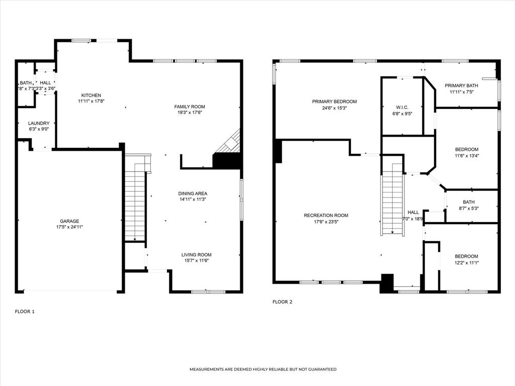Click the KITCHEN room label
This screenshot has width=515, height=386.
[90, 95]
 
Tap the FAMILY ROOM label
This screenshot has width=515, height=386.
[190, 107]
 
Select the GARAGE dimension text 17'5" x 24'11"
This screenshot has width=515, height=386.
[69, 227]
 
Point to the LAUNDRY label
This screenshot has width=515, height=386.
[39, 123]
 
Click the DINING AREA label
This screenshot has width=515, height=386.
[193, 194]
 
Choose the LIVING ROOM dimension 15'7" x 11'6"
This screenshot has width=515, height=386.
[196, 260]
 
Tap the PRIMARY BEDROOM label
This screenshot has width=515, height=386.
[334, 102]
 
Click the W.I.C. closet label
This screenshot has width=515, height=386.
[401, 107]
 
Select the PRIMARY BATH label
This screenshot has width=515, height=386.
[461, 85]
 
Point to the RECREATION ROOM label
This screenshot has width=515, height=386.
[326, 216]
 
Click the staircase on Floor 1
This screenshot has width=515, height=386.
[134, 201]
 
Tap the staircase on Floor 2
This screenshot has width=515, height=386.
[392, 199]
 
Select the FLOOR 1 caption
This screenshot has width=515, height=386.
[25, 312]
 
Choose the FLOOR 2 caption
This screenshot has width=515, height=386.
[282, 302]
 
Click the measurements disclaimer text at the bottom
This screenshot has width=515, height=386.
[263, 369]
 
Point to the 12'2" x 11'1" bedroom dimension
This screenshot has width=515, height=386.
[466, 262]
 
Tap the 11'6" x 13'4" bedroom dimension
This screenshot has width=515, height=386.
[467, 155]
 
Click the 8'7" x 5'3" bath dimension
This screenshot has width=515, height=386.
[465, 209]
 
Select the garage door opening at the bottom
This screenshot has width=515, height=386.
[70, 291]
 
